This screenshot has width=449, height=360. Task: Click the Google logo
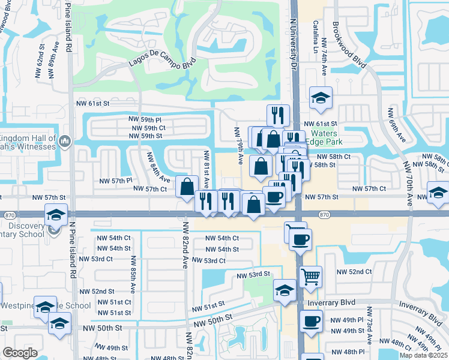coord(20,353)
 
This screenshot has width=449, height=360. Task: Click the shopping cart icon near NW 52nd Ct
coord(310,277)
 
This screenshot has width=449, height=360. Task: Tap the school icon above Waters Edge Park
coord(321,98)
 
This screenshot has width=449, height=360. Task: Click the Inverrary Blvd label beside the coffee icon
coord(331,303)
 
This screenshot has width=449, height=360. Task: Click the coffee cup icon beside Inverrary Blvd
coord(310,321)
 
